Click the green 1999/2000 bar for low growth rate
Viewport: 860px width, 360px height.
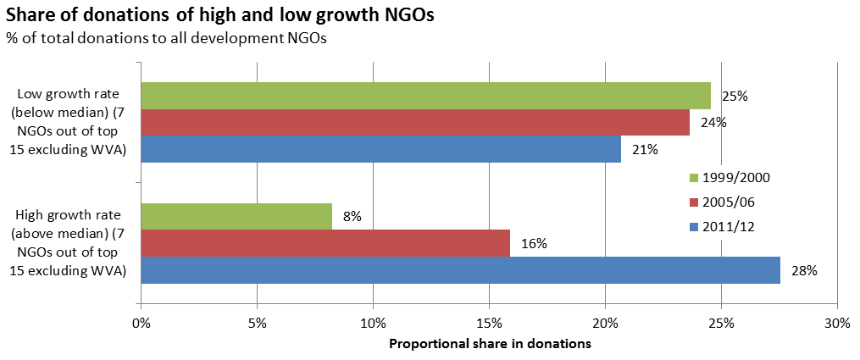tap(426, 96)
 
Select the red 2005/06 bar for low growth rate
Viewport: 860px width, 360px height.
tap(416, 122)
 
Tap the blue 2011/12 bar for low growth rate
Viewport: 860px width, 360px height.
tap(381, 149)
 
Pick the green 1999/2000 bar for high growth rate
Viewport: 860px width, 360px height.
tap(237, 217)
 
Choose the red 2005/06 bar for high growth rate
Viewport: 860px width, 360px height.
tap(326, 243)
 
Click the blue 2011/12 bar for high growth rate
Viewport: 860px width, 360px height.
tap(461, 269)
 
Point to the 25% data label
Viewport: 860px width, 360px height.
tap(735, 97)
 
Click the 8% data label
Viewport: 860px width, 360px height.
tap(352, 217)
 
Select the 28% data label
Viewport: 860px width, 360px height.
tap(804, 270)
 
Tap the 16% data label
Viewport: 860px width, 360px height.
tap(534, 244)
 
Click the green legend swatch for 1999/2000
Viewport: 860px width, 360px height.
tap(694, 178)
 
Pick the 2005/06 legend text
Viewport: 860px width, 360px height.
tap(728, 202)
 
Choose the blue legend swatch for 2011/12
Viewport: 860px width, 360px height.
tap(694, 226)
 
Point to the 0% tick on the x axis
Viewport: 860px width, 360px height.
tap(141, 323)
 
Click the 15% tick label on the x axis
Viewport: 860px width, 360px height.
tap(489, 323)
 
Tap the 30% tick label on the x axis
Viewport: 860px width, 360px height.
tap(837, 323)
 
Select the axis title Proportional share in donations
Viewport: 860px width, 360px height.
tap(490, 345)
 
